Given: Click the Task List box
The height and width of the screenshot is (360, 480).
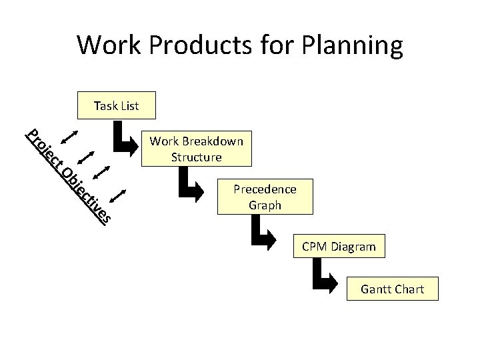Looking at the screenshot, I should (x=116, y=105).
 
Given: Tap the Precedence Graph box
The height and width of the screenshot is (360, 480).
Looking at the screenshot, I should (x=265, y=197).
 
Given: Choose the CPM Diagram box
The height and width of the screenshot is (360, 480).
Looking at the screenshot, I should (x=339, y=247).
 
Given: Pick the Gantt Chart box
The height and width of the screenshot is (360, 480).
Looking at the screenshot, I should (x=391, y=289).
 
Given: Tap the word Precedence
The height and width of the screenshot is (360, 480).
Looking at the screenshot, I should (x=265, y=189).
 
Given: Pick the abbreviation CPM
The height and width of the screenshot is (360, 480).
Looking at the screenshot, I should (x=315, y=247).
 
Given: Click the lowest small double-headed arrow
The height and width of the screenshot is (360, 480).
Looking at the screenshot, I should (x=117, y=196).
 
